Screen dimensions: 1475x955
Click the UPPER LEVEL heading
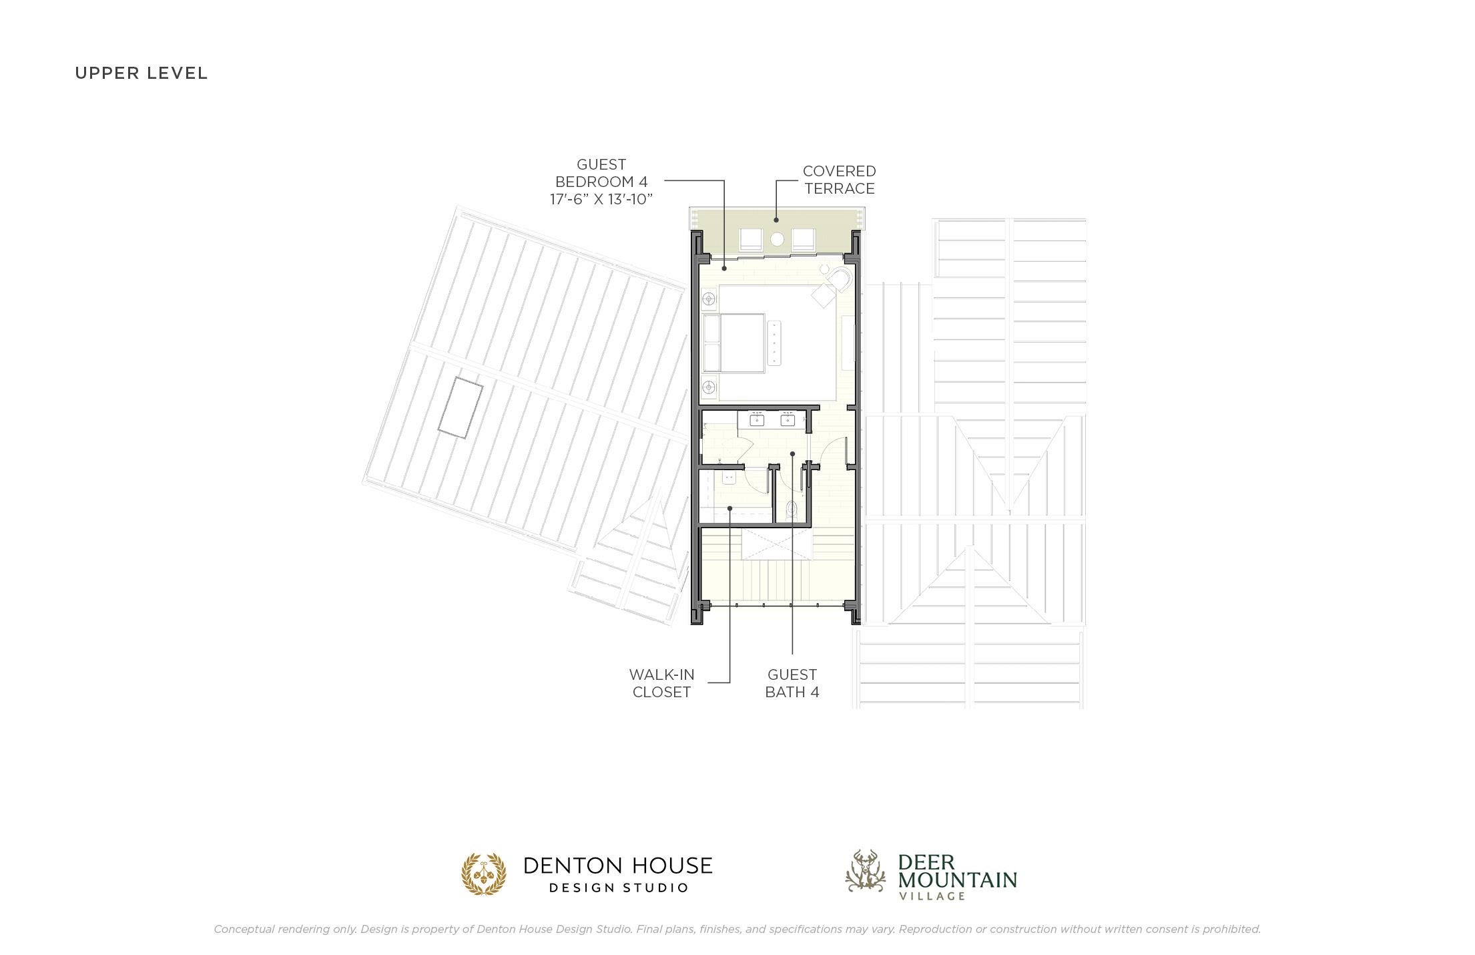point(141,73)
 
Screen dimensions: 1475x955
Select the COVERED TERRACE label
point(839,180)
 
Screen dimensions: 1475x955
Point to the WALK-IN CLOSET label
point(661,683)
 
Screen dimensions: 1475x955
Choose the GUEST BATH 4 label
point(792,683)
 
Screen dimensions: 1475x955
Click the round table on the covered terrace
point(778,239)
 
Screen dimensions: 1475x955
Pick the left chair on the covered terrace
point(751,240)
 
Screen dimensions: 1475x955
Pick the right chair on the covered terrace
point(804,240)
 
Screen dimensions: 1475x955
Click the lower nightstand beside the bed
point(709,386)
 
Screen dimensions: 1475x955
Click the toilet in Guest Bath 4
point(792,511)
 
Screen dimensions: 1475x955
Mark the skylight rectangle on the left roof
point(460,407)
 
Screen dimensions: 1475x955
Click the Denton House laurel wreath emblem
point(484,874)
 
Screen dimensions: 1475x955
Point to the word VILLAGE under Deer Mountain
point(932,896)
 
